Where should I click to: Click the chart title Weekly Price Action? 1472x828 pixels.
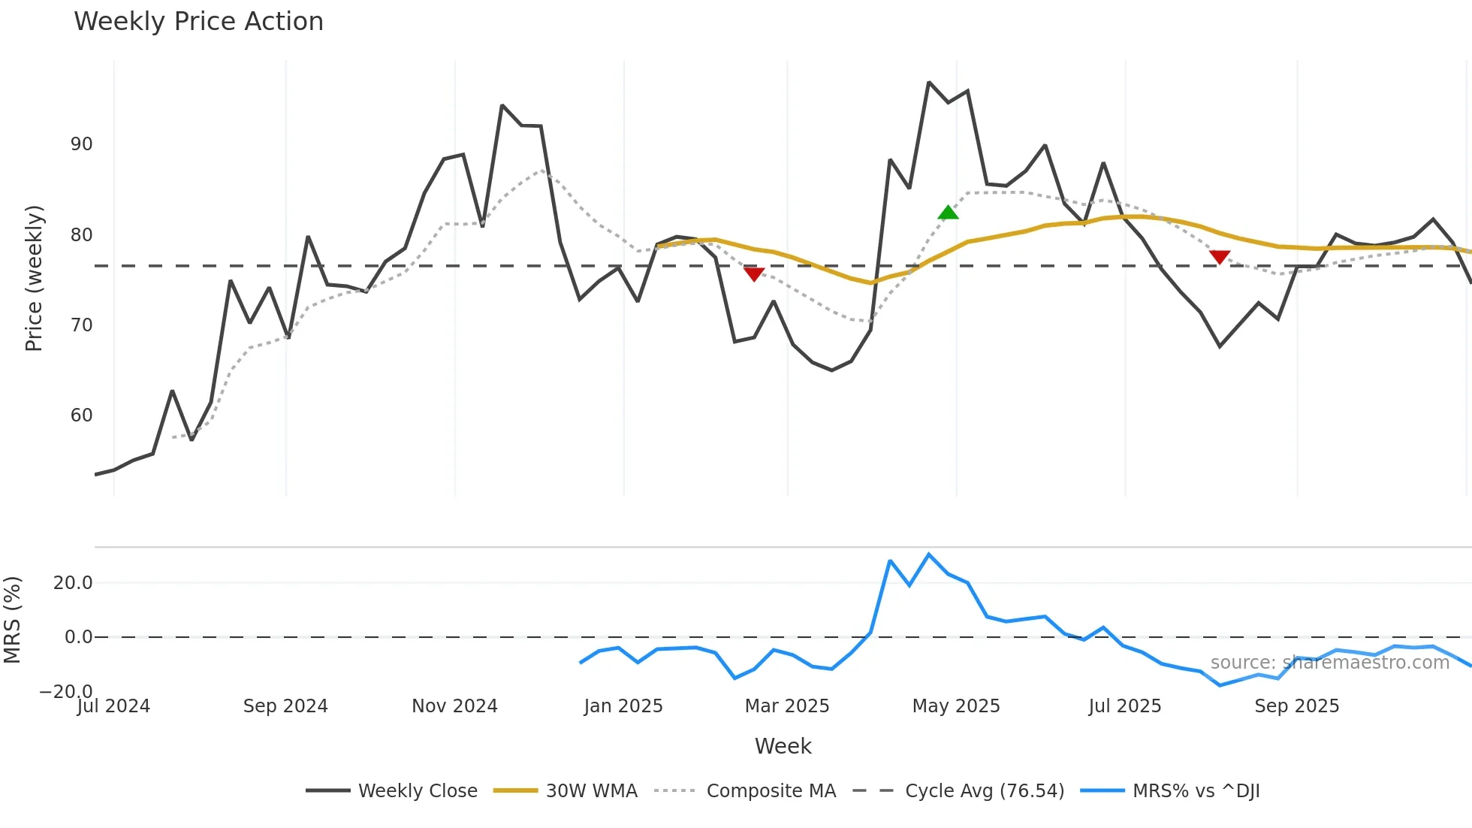198,22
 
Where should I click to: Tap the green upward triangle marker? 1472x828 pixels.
948,213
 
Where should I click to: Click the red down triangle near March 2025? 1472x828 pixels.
753,274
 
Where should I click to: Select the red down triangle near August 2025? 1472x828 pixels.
1220,257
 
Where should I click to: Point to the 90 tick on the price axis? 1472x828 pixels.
81,144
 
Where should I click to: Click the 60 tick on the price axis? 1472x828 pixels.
81,416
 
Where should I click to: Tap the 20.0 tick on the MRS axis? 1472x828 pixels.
73,583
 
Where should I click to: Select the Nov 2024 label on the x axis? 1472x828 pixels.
454,706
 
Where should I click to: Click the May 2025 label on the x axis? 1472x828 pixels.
955,706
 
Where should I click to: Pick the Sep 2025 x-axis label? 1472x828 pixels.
1296,706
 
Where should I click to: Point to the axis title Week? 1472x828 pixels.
783,746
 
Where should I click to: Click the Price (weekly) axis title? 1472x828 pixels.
34,278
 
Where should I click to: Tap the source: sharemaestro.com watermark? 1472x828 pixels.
1329,663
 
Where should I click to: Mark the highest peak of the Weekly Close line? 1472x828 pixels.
929,83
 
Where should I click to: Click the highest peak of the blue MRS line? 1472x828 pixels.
929,555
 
